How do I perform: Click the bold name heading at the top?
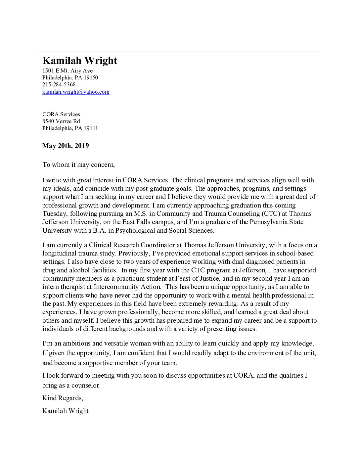click(x=80, y=61)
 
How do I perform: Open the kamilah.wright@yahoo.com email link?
click(x=76, y=92)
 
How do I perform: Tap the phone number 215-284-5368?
click(x=59, y=85)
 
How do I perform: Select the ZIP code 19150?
click(x=91, y=78)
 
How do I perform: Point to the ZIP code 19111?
click(x=91, y=128)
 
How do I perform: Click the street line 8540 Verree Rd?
click(x=61, y=121)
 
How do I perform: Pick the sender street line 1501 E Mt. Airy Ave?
click(x=67, y=71)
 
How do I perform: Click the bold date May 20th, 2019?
click(x=66, y=146)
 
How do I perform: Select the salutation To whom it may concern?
click(x=78, y=164)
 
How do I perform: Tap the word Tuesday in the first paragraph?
click(x=55, y=213)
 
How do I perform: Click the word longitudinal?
click(x=60, y=254)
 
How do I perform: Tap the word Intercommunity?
click(x=115, y=287)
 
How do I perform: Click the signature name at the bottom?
click(x=65, y=411)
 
